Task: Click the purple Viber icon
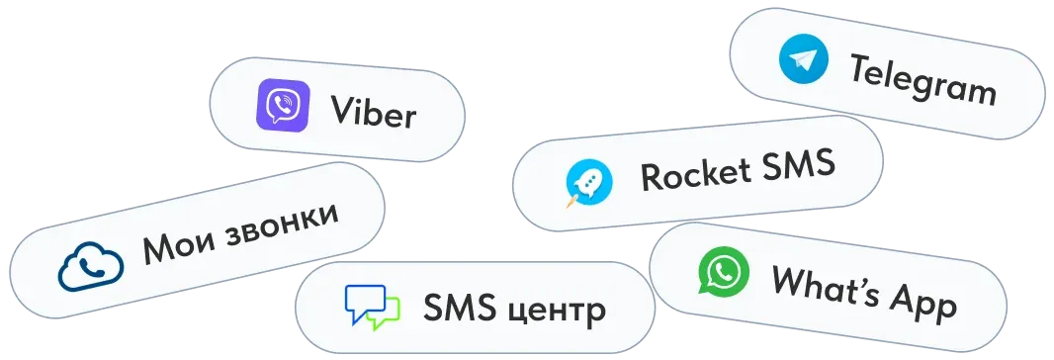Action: (x=282, y=106)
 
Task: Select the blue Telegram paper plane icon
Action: (x=803, y=59)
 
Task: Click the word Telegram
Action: (x=922, y=80)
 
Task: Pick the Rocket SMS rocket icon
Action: (x=588, y=183)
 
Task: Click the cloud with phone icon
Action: (x=90, y=267)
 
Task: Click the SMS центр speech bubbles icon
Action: (x=372, y=308)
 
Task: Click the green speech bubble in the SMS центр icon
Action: (x=387, y=314)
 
